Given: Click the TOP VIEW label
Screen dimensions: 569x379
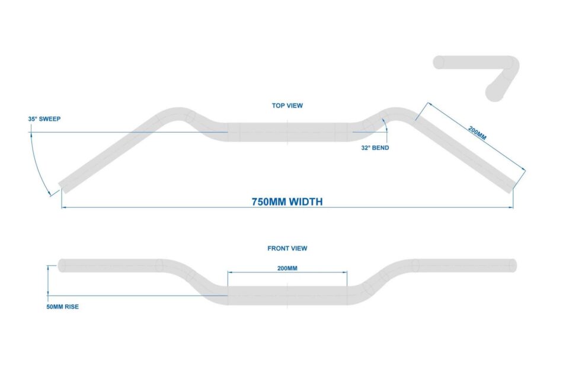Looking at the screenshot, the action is pos(287,105).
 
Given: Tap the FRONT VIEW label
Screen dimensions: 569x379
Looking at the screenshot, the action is pos(287,249).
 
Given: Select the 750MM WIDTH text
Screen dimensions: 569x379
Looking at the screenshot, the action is pos(287,202).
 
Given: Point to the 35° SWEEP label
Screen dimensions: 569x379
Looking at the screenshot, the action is pos(44,119).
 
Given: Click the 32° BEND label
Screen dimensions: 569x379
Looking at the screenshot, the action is pos(375,148).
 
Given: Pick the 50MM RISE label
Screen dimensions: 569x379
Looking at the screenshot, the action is pos(62,307).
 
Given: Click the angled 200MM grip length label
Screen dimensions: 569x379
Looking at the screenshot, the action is pos(477,133).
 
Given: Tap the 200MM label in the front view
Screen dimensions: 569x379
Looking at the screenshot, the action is pos(287,268).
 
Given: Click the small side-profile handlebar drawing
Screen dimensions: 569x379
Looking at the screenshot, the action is pos(477,78).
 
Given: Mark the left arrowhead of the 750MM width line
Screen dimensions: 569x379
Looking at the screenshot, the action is pos(64,207).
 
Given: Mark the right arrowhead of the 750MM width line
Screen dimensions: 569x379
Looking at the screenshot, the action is pos(511,207).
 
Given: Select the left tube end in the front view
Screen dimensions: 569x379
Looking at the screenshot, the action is pos(62,265).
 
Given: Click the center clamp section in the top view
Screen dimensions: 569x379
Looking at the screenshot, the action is pos(287,132).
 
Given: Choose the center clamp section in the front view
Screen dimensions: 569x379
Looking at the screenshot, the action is pos(287,296).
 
